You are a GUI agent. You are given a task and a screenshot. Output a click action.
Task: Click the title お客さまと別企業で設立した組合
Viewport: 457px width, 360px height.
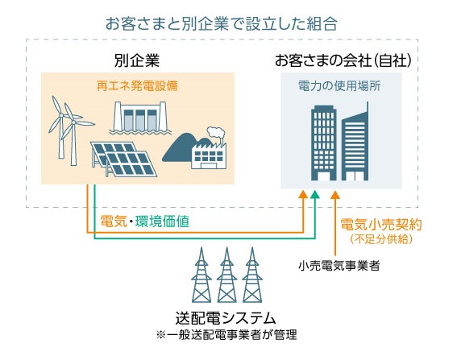[222, 23]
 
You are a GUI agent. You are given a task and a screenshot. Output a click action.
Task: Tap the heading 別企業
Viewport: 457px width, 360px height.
[137, 60]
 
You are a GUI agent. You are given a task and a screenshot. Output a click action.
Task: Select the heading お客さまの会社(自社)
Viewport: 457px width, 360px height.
[343, 60]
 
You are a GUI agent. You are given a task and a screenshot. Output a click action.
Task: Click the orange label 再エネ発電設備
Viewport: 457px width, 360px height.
[137, 86]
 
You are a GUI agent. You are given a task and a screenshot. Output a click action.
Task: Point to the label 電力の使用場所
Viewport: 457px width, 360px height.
[339, 86]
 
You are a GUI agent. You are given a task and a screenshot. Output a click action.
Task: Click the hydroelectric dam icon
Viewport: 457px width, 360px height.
[140, 118]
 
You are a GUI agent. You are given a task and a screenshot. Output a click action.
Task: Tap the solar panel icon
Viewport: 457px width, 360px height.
[124, 159]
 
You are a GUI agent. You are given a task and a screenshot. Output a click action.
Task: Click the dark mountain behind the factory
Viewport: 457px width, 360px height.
[178, 148]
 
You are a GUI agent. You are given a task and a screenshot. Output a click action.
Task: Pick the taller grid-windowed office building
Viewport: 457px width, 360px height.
[323, 143]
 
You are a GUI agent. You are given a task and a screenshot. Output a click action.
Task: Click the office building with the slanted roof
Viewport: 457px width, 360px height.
[355, 143]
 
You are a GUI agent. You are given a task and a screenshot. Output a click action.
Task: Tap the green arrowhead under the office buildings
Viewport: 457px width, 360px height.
[315, 195]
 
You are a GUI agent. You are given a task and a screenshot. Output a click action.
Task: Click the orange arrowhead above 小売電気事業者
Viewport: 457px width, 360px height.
[335, 195]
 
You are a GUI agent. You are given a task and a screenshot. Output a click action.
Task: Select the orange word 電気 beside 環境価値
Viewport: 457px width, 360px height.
[114, 221]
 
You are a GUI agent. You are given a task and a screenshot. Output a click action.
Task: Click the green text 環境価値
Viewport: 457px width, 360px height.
[162, 221]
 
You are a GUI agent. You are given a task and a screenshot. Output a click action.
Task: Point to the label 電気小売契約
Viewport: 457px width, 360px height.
[381, 225]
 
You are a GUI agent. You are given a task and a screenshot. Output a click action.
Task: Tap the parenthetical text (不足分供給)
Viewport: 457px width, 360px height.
[381, 239]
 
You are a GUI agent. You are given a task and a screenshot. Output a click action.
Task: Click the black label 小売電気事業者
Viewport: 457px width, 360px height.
[339, 265]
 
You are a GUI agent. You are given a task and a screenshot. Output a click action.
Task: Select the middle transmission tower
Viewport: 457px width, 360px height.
[226, 275]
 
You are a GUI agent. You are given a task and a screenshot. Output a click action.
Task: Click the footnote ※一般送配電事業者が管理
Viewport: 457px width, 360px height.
[226, 335]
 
